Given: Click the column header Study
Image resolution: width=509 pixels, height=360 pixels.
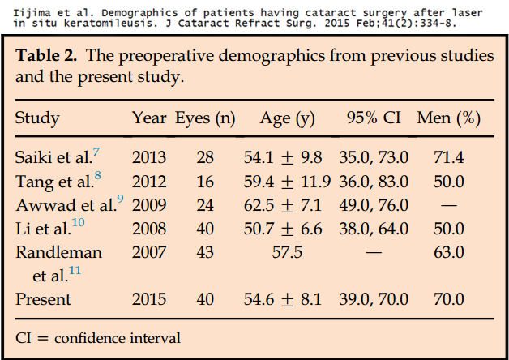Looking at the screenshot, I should tap(37, 118).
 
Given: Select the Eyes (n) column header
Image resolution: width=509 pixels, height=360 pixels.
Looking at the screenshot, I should tap(205, 118).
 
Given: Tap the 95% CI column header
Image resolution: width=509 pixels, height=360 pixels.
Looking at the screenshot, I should tap(374, 118).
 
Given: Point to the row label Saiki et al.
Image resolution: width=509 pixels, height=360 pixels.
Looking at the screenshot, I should tap(53, 156).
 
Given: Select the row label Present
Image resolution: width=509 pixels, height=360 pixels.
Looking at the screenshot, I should tap(43, 299).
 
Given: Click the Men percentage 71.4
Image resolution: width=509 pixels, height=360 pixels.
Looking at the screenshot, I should tap(449, 156).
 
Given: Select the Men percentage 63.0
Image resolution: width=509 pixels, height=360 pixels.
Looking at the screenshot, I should tap(449, 252).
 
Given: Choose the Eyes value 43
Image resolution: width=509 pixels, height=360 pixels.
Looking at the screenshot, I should tap(205, 252).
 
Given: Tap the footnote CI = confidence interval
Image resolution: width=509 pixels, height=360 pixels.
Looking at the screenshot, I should tap(98, 337).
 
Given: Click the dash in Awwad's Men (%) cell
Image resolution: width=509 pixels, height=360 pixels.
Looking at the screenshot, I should tap(449, 204).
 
